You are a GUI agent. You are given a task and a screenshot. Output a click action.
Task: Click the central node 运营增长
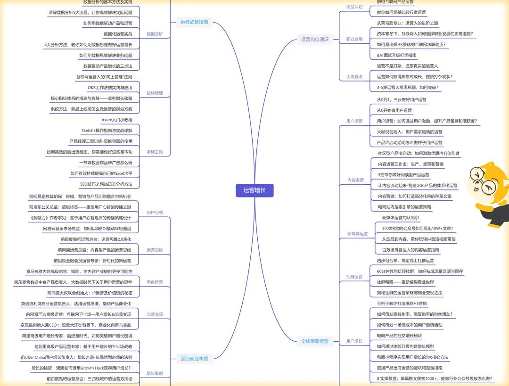[x=254, y=190]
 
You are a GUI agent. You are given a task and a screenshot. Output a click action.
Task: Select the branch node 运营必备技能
[x=194, y=22]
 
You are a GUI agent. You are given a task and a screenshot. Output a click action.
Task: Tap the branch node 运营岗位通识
[x=315, y=39]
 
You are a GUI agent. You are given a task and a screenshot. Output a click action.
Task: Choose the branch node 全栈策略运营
[x=315, y=341]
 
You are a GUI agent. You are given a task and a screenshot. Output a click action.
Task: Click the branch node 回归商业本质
[x=194, y=359]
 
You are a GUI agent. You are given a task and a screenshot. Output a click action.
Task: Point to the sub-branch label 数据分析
[x=155, y=34]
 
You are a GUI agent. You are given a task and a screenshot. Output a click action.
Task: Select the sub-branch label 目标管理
[x=155, y=93]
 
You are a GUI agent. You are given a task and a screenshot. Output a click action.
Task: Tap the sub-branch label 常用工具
[x=155, y=152]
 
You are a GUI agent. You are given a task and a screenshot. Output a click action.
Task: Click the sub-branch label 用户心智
[x=155, y=212]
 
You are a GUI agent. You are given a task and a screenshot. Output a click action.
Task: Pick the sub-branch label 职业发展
[x=354, y=39]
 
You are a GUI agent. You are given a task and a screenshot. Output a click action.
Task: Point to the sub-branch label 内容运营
[x=355, y=180]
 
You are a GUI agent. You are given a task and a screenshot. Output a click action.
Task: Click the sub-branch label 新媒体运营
[x=357, y=234]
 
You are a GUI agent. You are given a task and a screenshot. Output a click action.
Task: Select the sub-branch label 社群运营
[x=355, y=277]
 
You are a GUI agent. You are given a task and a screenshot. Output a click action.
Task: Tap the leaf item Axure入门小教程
[x=117, y=120]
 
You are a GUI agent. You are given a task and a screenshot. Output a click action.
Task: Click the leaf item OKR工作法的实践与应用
[x=110, y=88]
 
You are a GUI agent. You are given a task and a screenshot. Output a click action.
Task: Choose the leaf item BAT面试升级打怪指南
[x=397, y=55]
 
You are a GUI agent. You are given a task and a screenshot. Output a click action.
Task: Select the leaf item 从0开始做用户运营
[x=394, y=110]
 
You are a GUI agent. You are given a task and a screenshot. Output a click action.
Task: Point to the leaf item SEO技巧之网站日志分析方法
[x=106, y=184]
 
